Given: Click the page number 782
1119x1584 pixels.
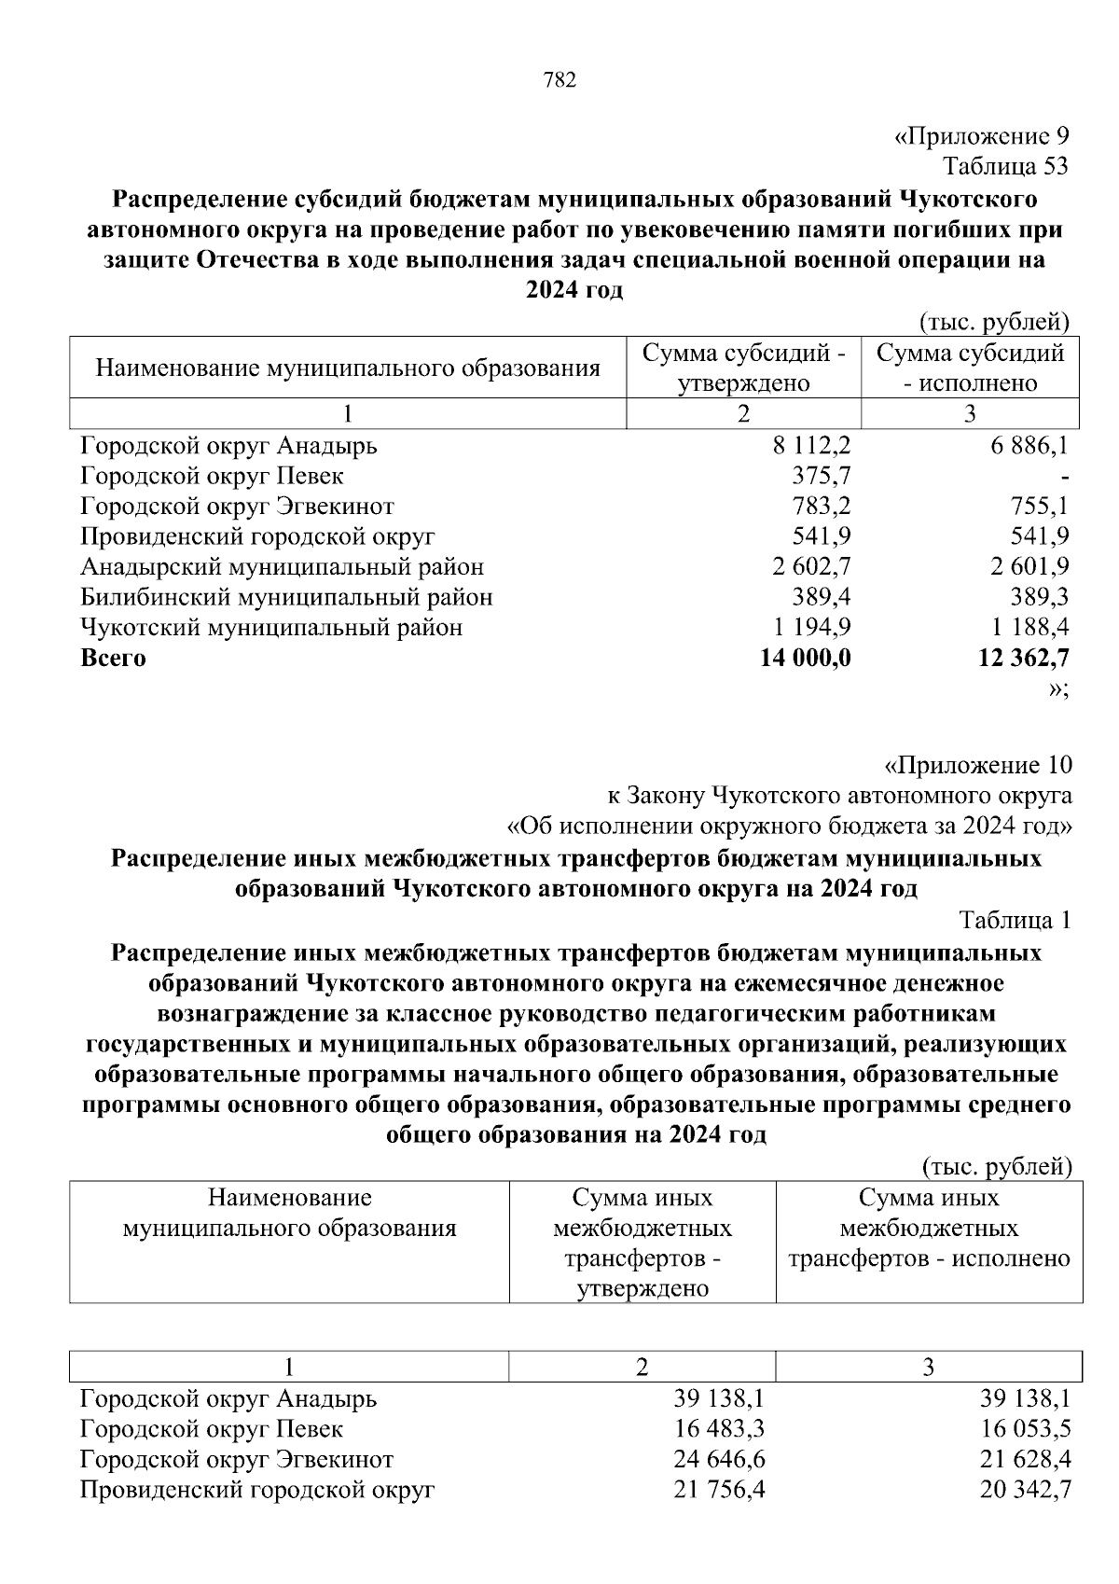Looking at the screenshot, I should pos(559,80).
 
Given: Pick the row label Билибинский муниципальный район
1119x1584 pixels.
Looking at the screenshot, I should pos(286,597).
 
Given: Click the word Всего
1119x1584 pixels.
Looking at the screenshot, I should pos(113,658).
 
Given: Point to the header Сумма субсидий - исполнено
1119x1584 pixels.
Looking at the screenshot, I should pos(970,368).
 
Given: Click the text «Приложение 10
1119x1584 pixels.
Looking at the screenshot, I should pos(977,766).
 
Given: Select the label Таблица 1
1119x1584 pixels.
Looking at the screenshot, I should pos(1015,920).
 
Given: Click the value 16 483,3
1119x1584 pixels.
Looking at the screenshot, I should pos(719,1429).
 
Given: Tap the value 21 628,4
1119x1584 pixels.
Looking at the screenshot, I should pos(1025,1459).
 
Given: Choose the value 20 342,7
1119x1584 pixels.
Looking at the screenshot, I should pos(1025,1490).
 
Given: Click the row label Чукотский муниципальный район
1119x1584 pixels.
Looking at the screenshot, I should pos(271,627).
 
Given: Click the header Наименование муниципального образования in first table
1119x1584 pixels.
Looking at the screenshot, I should pos(347,368).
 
